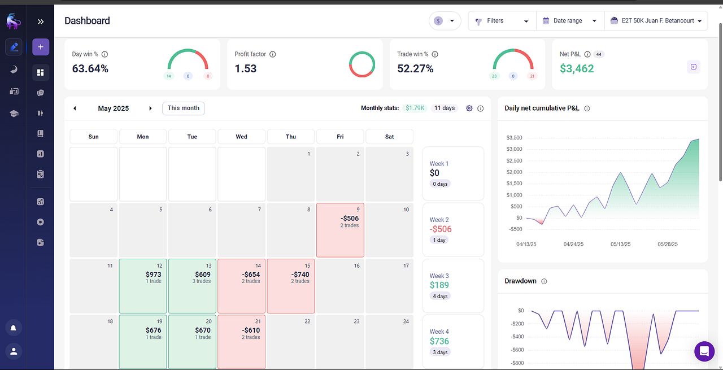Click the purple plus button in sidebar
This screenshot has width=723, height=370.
(x=41, y=47)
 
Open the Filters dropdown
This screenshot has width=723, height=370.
(x=502, y=21)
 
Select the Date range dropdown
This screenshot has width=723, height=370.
(x=569, y=21)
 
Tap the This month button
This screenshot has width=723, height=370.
(x=184, y=108)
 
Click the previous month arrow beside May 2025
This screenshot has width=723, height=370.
(x=75, y=108)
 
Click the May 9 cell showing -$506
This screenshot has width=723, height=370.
(x=340, y=230)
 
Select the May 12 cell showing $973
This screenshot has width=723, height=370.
(x=143, y=286)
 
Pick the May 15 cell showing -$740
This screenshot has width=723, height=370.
(x=291, y=286)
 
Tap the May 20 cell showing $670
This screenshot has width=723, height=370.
(x=192, y=342)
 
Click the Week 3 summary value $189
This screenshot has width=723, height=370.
(x=439, y=285)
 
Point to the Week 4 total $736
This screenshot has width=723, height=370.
(x=439, y=341)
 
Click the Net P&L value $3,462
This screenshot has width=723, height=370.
(x=577, y=69)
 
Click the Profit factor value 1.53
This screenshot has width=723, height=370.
(x=246, y=69)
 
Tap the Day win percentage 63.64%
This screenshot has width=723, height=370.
(x=90, y=69)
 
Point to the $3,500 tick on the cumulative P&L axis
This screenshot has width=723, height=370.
(x=514, y=138)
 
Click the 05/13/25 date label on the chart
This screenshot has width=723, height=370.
(x=621, y=245)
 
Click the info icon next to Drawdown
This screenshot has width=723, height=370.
(x=544, y=281)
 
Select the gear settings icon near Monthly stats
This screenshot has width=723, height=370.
(x=469, y=108)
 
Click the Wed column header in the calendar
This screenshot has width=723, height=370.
(x=241, y=137)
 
